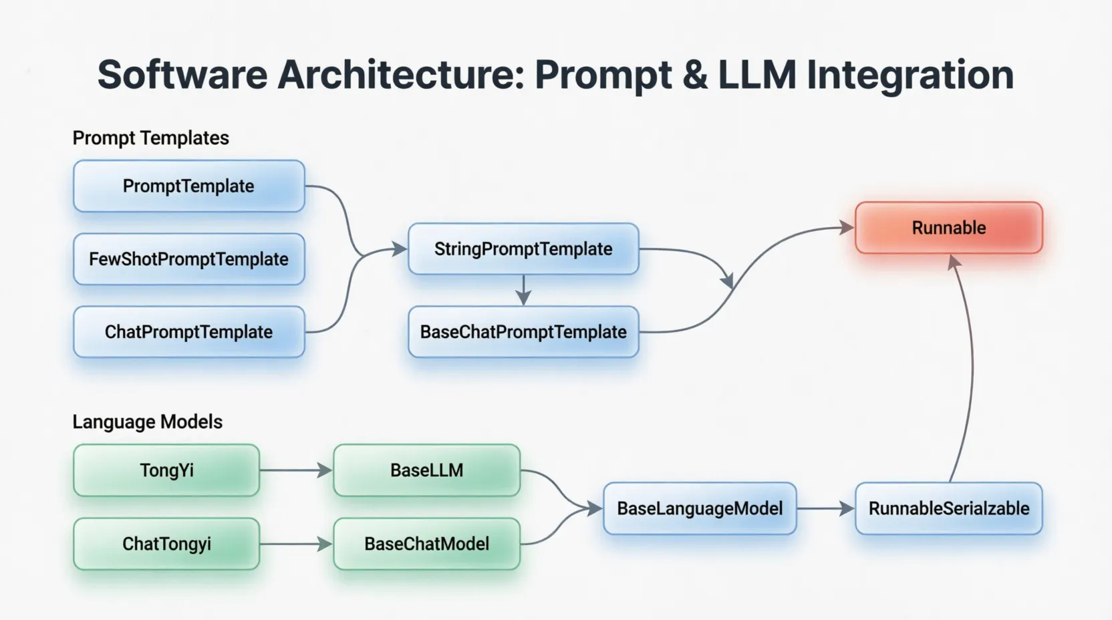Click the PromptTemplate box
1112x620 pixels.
(188, 186)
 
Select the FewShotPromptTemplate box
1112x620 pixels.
(188, 259)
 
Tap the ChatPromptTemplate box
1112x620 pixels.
(188, 332)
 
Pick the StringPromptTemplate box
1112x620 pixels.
(523, 249)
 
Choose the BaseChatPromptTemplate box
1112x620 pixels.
(523, 332)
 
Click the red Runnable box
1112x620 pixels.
(948, 228)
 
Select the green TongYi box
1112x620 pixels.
(166, 470)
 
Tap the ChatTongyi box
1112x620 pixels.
(166, 544)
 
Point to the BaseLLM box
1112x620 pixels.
(426, 470)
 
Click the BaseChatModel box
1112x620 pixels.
(426, 544)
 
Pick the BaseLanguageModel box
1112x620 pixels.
(700, 508)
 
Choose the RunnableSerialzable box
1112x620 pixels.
(948, 508)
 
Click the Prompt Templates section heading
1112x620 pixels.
(150, 138)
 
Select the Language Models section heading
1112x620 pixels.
(147, 422)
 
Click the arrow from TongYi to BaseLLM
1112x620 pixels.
(296, 470)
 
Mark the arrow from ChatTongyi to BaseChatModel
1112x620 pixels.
(296, 544)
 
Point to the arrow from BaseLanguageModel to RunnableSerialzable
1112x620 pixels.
(825, 508)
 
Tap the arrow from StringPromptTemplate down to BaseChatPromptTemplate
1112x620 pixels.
(523, 290)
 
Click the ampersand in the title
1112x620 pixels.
(695, 75)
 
